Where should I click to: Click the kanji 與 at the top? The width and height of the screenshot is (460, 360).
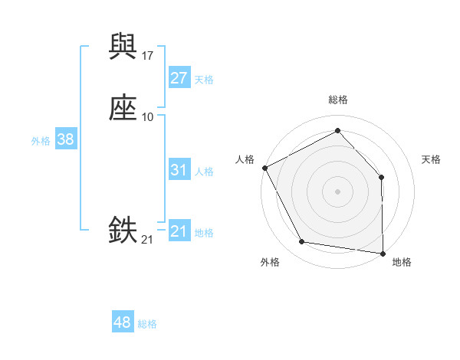click(123, 47)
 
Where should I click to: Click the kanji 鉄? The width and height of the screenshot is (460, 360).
click(123, 230)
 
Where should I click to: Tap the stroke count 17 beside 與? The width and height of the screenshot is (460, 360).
click(148, 56)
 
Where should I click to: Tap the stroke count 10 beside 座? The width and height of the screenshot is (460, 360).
click(148, 116)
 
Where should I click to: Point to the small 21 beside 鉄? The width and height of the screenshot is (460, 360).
click(148, 240)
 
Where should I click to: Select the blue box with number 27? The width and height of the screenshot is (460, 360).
click(179, 78)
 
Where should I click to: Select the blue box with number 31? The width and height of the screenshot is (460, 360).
click(179, 170)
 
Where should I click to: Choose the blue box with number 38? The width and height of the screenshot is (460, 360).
click(65, 139)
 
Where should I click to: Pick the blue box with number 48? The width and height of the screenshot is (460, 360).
click(123, 322)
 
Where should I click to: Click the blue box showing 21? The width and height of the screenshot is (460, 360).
click(179, 231)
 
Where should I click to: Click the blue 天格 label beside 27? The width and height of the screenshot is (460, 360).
click(204, 80)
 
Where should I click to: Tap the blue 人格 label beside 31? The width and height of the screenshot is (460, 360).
click(204, 172)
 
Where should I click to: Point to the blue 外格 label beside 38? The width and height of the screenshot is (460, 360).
click(41, 141)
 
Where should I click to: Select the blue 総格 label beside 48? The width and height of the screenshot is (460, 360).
click(147, 324)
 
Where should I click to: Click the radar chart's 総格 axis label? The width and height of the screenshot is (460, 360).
click(338, 100)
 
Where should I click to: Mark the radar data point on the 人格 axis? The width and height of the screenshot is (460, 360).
click(264, 167)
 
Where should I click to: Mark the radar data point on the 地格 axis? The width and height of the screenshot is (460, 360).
click(383, 253)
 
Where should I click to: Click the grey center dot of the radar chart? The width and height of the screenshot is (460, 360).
click(337, 191)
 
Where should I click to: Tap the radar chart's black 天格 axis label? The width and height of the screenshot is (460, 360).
click(432, 159)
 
